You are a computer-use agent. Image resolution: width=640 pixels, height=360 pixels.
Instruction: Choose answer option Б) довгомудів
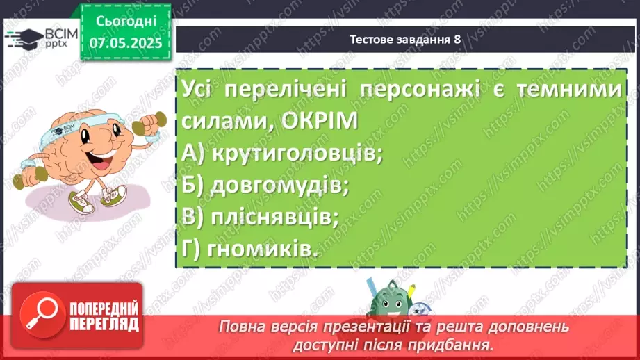(x=265, y=185)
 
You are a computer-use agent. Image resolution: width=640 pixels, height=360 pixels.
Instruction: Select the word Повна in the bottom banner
(x=239, y=327)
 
